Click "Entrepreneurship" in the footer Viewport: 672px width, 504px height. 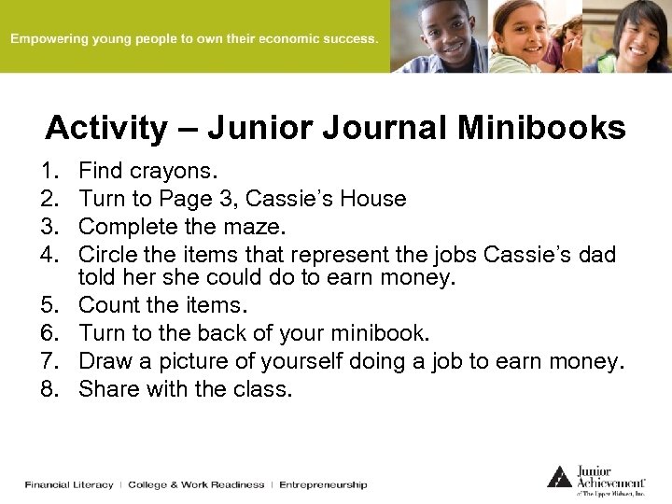point(323,484)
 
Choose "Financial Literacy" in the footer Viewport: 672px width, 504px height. point(69,484)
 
